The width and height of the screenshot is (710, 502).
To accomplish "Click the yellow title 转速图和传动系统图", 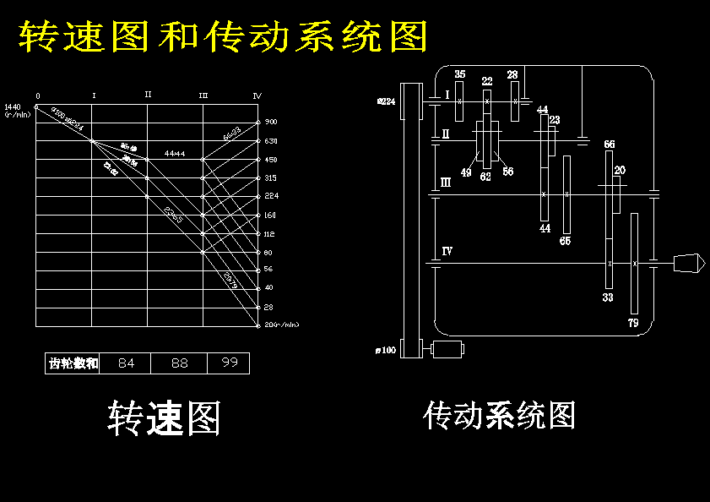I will pos(223,36).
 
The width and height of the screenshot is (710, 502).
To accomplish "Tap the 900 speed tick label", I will pos(271,122).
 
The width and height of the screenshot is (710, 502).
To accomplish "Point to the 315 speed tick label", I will pos(271,177).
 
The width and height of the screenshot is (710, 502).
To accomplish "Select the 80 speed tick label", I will pos(269,252).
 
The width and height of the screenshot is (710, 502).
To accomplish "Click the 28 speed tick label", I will pos(269,307).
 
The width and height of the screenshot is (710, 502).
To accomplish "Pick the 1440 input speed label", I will pos(12,106).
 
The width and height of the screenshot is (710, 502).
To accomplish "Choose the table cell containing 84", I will pos(126,363).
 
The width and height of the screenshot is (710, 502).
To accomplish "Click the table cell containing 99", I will pos(229,363).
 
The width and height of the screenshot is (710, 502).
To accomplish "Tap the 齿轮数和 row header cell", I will pos(73,363).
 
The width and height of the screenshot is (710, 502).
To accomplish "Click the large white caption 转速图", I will pos(164,418).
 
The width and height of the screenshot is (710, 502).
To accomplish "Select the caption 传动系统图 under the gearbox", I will pos(500,416).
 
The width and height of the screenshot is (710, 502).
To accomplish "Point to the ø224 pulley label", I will pos(386,101).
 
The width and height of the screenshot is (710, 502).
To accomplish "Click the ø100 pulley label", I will pos(388,350).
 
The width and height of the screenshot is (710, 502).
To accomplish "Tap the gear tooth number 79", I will pos(634,323).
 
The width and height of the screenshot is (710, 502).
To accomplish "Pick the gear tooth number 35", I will pos(459,74).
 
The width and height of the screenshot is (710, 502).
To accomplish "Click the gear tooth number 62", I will pos(485,177).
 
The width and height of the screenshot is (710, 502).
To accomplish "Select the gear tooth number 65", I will pos(565,241).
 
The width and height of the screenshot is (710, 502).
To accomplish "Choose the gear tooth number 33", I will pos(608,297).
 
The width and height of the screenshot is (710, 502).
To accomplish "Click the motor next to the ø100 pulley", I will pos(447,348).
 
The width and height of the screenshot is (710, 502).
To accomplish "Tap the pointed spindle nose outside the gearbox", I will pos(690,263).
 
